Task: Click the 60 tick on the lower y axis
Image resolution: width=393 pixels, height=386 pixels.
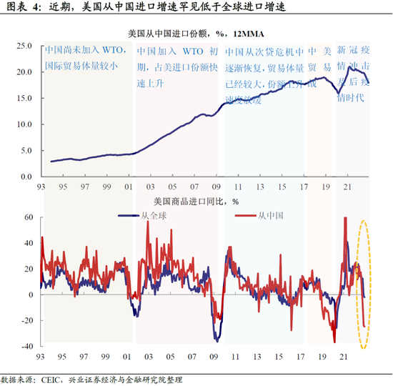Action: pyautogui.click(x=30, y=217)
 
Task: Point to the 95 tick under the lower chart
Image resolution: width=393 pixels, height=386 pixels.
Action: pyautogui.click(x=64, y=355)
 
